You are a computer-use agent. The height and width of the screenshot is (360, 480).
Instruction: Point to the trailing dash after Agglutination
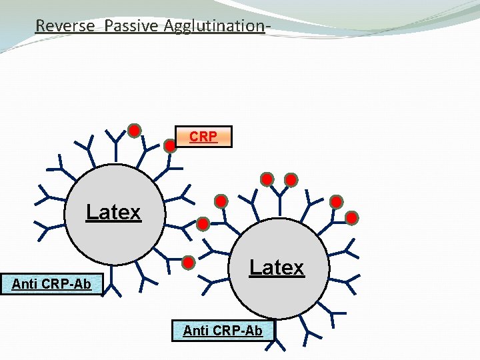pyautogui.click(x=267, y=26)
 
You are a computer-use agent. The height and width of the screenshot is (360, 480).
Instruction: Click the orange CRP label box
pyautogui.click(x=203, y=137)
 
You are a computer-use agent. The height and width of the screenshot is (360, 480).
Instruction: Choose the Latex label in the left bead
pyautogui.click(x=113, y=212)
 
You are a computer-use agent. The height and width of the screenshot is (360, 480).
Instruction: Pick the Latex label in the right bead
pyautogui.click(x=276, y=268)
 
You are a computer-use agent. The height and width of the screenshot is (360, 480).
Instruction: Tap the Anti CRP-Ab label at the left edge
pyautogui.click(x=51, y=285)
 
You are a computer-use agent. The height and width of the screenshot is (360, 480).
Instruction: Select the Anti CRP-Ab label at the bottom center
pyautogui.click(x=223, y=330)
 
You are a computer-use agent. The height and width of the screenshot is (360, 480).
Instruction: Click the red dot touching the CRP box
pyautogui.click(x=171, y=143)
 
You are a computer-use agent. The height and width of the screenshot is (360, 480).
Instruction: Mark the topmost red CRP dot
pyautogui.click(x=134, y=130)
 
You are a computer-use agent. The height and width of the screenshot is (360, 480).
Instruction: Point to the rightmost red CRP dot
pyautogui.click(x=352, y=217)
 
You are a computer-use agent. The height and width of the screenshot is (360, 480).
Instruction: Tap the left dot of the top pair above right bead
pyautogui.click(x=267, y=179)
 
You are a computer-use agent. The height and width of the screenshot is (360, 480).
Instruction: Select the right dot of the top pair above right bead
pyautogui.click(x=291, y=179)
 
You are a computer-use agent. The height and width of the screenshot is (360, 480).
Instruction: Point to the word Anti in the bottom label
pyautogui.click(x=196, y=330)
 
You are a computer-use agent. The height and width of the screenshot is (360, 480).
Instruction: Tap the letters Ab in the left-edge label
pyautogui.click(x=82, y=285)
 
